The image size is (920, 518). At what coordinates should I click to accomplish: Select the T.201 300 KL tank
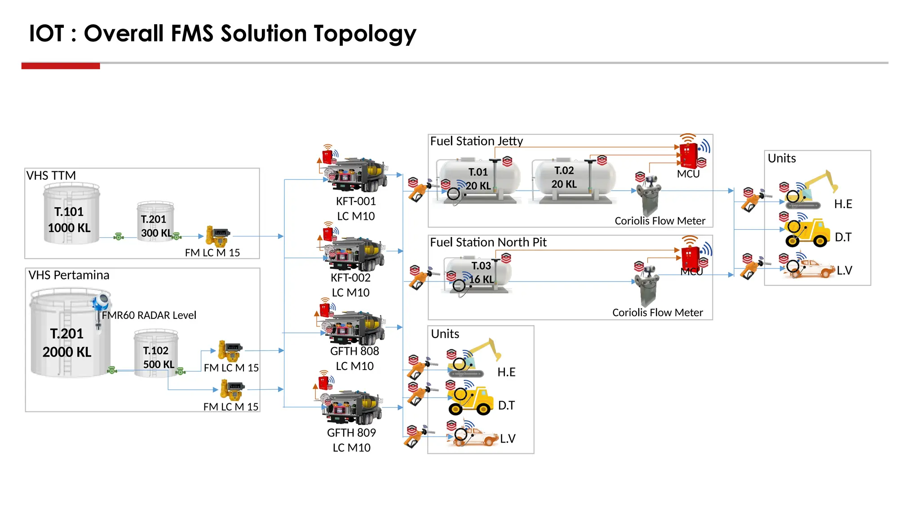(155, 222)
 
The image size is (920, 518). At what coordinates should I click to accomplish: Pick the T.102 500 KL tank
(156, 353)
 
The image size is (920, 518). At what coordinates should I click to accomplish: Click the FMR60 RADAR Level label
(149, 315)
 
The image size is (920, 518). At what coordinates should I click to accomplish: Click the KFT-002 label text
(350, 277)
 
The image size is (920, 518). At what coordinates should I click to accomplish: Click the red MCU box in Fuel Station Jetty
(688, 155)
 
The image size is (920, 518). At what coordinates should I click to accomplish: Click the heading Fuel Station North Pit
(488, 242)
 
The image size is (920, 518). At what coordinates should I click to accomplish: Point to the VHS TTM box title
(51, 175)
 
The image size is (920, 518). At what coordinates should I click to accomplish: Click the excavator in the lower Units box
(472, 360)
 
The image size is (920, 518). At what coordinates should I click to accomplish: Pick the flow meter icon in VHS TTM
(218, 236)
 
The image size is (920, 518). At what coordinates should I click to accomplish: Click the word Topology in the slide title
(365, 34)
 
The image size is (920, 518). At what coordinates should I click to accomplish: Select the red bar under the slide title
(61, 66)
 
